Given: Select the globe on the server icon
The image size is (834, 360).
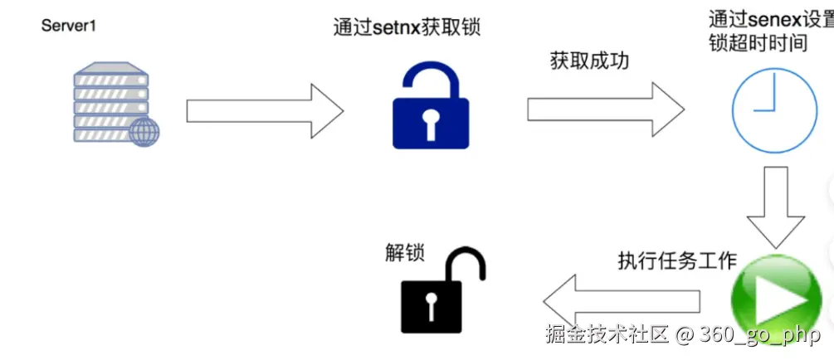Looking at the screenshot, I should click(143, 132).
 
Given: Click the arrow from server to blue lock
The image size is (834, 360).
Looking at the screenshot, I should click(265, 109).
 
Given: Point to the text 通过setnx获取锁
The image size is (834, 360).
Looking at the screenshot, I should click(407, 27).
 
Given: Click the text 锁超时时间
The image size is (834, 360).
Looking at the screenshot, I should click(758, 43).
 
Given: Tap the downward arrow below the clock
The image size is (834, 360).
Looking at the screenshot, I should click(775, 207).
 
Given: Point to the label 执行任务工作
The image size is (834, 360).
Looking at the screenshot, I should click(677, 260).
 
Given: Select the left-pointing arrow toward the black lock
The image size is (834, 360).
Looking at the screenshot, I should click(622, 300).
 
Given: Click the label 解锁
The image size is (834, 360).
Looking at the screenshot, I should click(406, 251).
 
